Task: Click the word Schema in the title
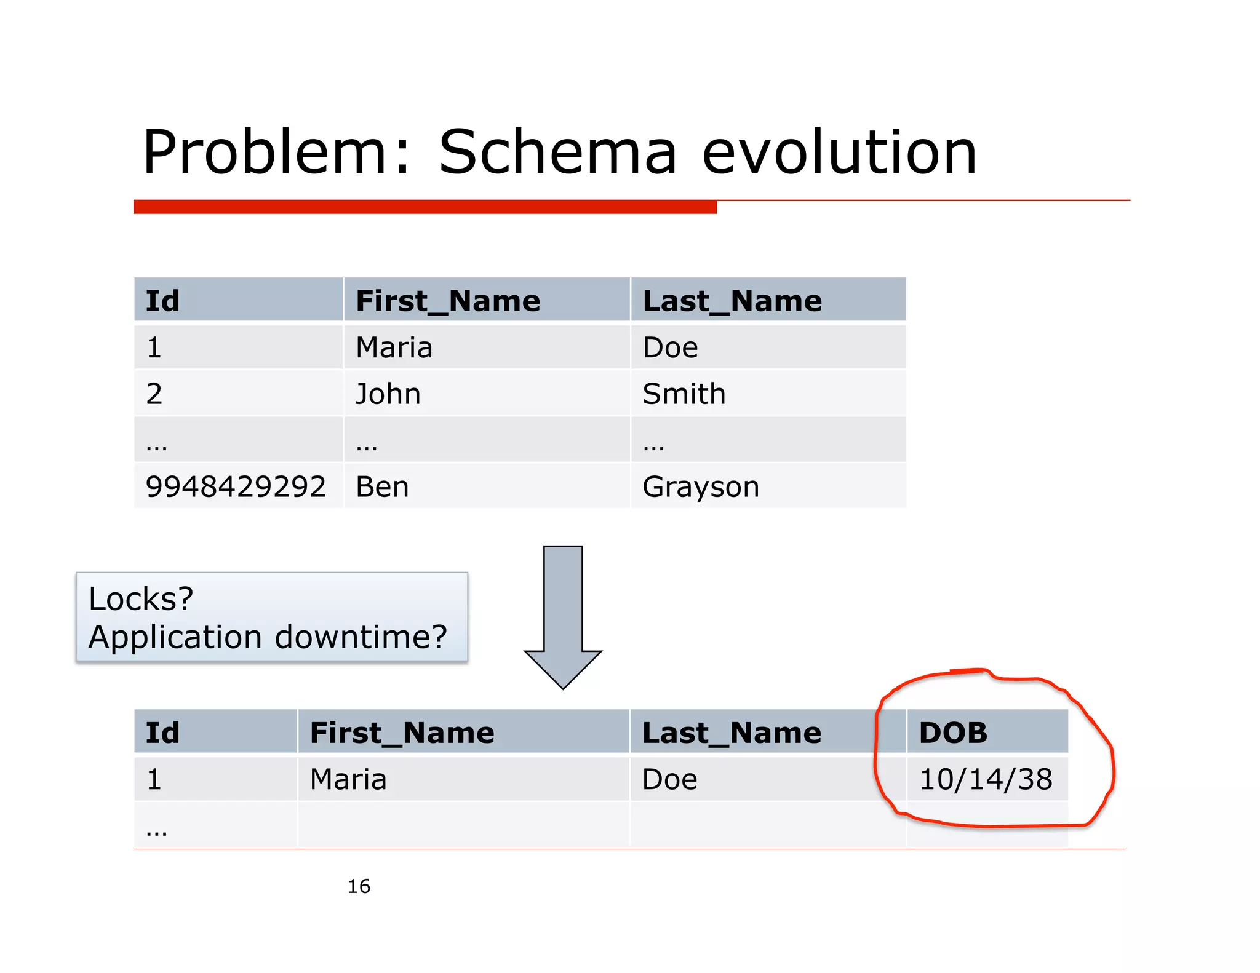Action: pyautogui.click(x=557, y=152)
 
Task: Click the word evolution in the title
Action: pyautogui.click(x=839, y=152)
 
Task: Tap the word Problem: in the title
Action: pyautogui.click(x=276, y=152)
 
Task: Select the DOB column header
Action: pyautogui.click(x=953, y=733)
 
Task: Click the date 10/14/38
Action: pyautogui.click(x=986, y=779)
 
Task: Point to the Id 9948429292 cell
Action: pyautogui.click(x=236, y=486)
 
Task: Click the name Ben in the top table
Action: pyautogui.click(x=382, y=486)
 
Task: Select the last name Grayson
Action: pyautogui.click(x=701, y=486)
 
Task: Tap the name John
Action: pyautogui.click(x=388, y=394)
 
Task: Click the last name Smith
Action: pyautogui.click(x=684, y=394)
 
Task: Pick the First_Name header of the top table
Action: pyautogui.click(x=448, y=301)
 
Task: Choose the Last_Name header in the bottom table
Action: pyautogui.click(x=732, y=733)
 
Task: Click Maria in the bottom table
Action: pyautogui.click(x=348, y=779)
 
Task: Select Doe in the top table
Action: pyautogui.click(x=670, y=347)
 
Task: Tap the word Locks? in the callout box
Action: pyautogui.click(x=141, y=598)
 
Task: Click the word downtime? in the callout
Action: pyautogui.click(x=361, y=637)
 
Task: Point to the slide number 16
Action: pyautogui.click(x=359, y=886)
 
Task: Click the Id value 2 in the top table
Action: pyautogui.click(x=154, y=394)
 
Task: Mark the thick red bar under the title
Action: pyautogui.click(x=425, y=207)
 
